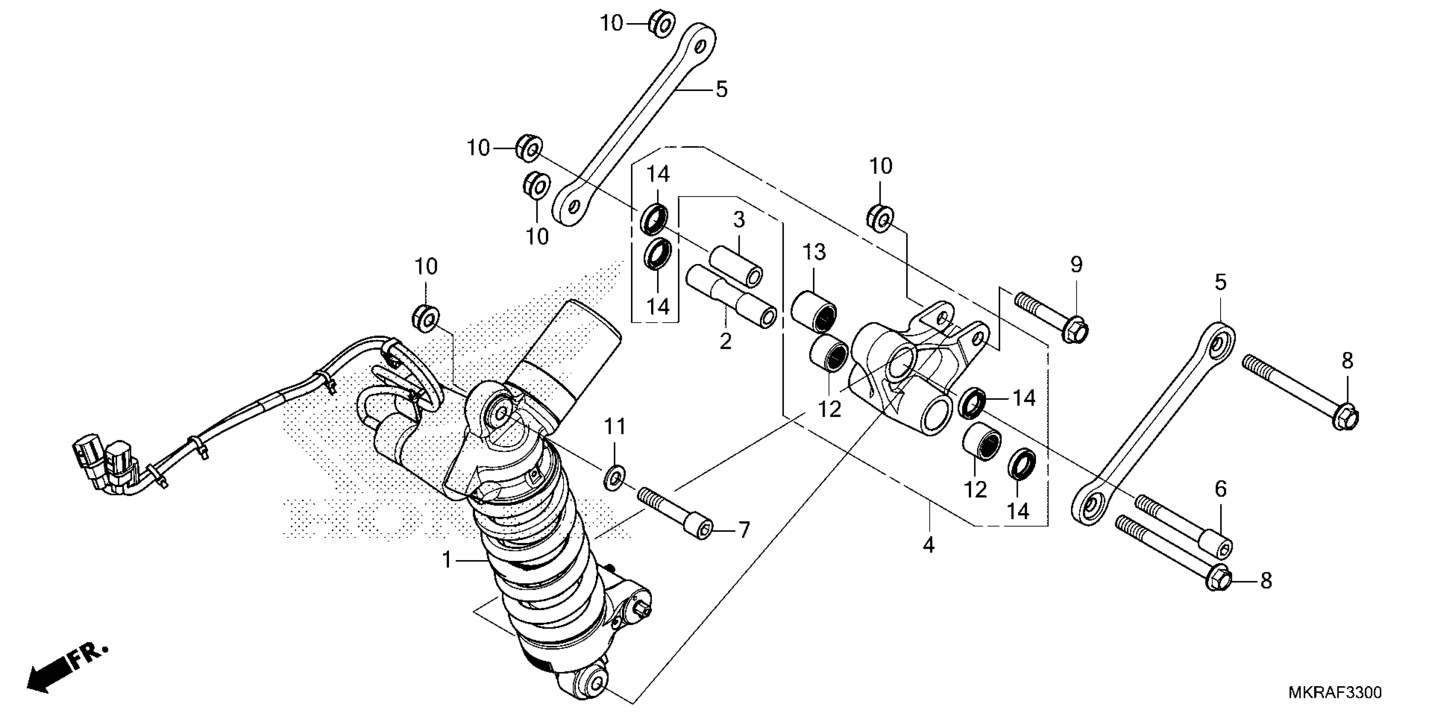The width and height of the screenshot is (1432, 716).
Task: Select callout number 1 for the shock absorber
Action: [x=447, y=560]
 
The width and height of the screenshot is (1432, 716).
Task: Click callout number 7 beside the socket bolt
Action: [x=744, y=530]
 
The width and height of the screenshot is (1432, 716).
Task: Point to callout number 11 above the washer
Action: [x=615, y=427]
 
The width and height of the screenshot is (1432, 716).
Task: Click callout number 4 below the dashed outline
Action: [x=928, y=545]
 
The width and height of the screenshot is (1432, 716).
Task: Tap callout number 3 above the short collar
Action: [x=738, y=220]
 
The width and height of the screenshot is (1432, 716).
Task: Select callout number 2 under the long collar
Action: [x=725, y=341]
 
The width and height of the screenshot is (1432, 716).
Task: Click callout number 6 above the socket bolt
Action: [x=1220, y=489]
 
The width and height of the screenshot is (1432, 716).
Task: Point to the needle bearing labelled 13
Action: [x=815, y=311]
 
